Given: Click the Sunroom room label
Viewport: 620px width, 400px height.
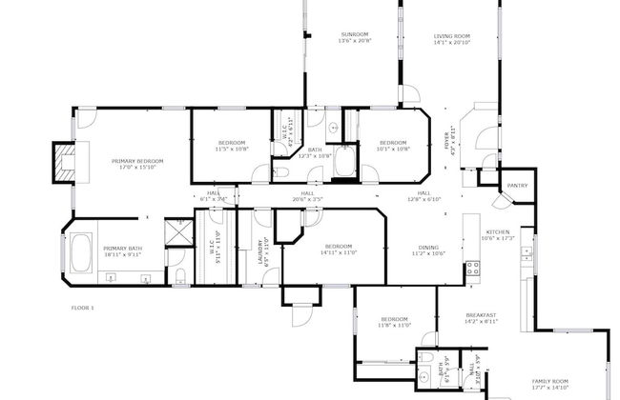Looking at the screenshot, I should click(x=355, y=35).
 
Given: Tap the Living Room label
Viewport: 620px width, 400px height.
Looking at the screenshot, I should click(x=452, y=35).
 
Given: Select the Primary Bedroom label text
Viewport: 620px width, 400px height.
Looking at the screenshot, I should click(x=136, y=161).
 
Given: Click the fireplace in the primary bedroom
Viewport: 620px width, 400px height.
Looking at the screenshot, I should click(x=65, y=163).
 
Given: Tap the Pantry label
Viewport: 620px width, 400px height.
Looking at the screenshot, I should click(x=517, y=186).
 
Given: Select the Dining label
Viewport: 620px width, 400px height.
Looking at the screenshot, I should click(x=429, y=248).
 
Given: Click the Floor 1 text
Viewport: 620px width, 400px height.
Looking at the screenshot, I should click(x=83, y=308).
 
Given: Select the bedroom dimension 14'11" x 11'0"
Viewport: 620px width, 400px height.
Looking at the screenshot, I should click(x=338, y=251).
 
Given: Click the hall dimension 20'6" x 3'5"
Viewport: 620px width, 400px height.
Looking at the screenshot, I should click(x=308, y=199).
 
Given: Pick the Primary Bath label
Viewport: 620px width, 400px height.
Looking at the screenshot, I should click(x=122, y=250).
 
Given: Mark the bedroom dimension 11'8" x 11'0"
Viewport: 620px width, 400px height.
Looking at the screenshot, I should click(x=395, y=325).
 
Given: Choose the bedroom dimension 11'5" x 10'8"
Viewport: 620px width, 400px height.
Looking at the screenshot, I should click(x=231, y=149).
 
